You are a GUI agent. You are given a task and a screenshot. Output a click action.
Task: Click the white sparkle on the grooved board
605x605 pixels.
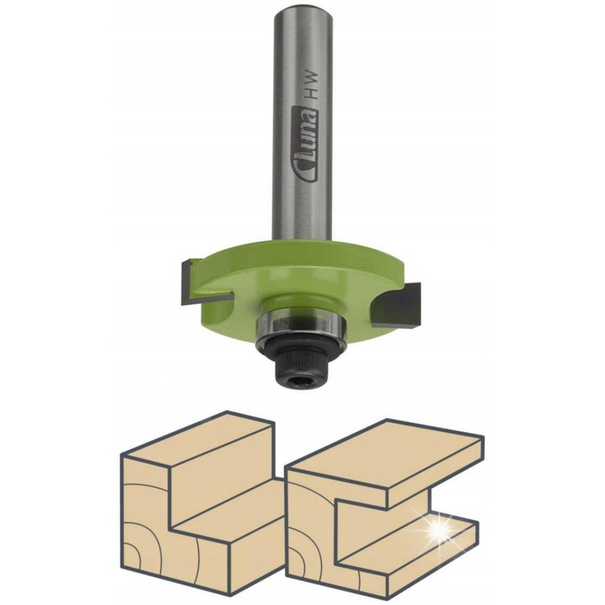[x=439, y=529]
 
